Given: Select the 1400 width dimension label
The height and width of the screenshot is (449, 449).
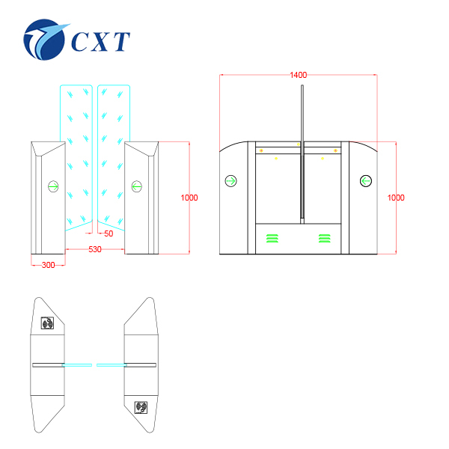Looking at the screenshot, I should coord(298,75).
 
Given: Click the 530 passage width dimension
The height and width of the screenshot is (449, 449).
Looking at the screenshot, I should coord(94,249).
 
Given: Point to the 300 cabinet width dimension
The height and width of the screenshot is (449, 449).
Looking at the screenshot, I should coord(48,265).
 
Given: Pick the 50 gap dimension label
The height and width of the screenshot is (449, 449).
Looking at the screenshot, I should coord(109,234).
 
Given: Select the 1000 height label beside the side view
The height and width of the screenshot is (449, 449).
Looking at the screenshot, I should coord(396,198).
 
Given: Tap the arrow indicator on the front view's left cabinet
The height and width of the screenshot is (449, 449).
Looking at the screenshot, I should coord(54,186).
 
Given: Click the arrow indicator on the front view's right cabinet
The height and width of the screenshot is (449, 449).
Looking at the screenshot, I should coord(135,186).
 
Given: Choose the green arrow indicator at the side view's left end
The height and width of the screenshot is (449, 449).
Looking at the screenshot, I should coord(230,180).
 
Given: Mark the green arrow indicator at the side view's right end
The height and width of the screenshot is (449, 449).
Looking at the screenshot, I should coord(366,180).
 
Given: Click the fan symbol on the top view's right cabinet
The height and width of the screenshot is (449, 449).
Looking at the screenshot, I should coord(140,407).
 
